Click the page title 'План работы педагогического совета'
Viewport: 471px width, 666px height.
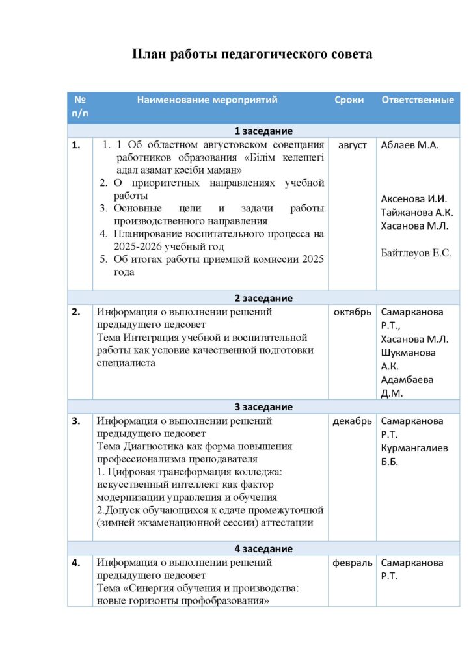pyautogui.click(x=252, y=54)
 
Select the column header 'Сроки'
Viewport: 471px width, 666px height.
pyautogui.click(x=349, y=100)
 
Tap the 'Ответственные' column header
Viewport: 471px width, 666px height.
pyautogui.click(x=417, y=100)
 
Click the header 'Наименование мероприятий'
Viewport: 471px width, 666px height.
pyautogui.click(x=207, y=100)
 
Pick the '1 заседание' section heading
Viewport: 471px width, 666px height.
pyautogui.click(x=263, y=131)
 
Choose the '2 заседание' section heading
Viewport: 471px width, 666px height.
pyautogui.click(x=263, y=298)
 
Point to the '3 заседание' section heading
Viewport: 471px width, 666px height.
pyautogui.click(x=263, y=407)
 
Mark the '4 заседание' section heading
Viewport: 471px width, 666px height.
pyautogui.click(x=263, y=548)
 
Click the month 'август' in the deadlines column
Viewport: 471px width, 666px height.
pyautogui.click(x=353, y=145)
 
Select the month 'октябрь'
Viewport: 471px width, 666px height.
pyautogui.click(x=352, y=312)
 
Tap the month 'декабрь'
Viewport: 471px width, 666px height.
pyautogui.click(x=352, y=421)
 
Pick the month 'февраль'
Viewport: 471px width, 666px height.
pyautogui.click(x=352, y=563)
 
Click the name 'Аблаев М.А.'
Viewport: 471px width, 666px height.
pyautogui.click(x=410, y=145)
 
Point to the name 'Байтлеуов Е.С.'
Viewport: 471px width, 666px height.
pyautogui.click(x=416, y=253)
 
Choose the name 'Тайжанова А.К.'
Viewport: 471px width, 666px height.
pyautogui.click(x=417, y=212)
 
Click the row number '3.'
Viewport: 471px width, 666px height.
pyautogui.click(x=76, y=421)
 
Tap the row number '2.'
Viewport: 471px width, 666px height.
pyautogui.click(x=76, y=312)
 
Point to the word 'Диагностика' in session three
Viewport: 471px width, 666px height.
pyautogui.click(x=151, y=446)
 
